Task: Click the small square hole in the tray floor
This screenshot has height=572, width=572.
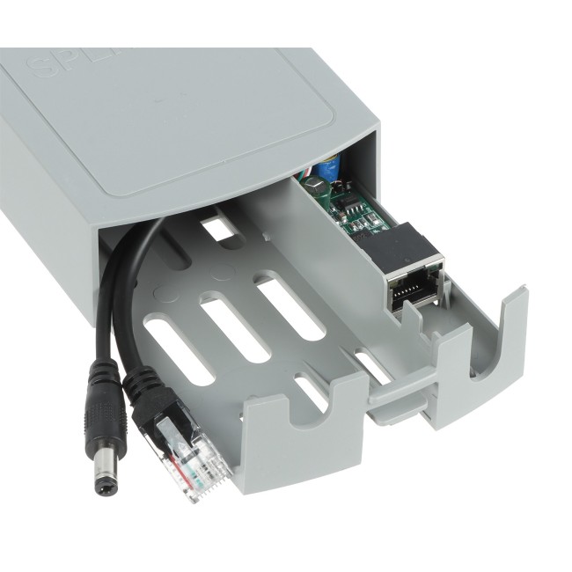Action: [219, 230]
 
